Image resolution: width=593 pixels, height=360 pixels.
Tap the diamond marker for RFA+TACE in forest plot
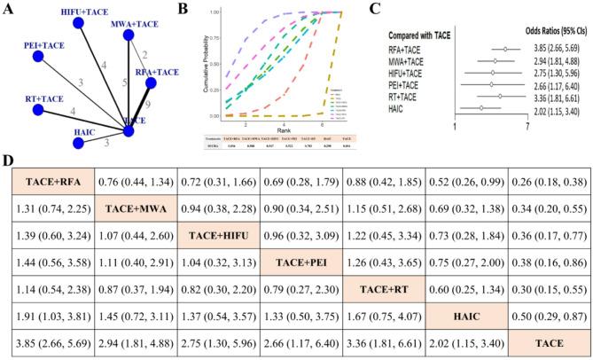[x=504, y=50]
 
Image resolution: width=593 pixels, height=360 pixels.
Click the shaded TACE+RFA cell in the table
[x=53, y=183]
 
